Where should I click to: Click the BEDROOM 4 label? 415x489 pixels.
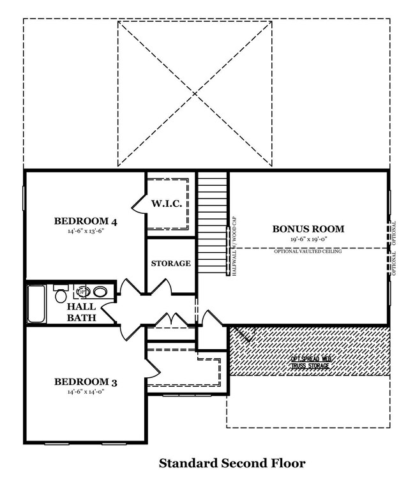[86, 222]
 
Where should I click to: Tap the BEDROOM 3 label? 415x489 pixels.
[86, 382]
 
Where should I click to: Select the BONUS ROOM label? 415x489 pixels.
[308, 229]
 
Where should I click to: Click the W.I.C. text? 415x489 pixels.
[167, 204]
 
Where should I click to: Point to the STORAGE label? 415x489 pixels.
[170, 263]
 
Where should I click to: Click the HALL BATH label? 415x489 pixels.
[81, 312]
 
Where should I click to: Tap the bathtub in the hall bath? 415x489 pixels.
[36, 303]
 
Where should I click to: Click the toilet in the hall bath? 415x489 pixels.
[61, 295]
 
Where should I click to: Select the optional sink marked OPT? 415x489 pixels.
[82, 292]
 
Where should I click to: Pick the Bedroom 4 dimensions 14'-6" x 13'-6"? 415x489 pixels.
[86, 232]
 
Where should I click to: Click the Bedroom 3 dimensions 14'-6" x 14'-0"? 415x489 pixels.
[86, 393]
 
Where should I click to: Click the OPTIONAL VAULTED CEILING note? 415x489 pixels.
[308, 252]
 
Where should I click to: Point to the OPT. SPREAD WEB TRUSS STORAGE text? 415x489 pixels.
[311, 363]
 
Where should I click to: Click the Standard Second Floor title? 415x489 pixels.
[232, 463]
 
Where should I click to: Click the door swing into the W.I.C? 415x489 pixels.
[139, 204]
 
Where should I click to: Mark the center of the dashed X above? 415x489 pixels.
[195, 94]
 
